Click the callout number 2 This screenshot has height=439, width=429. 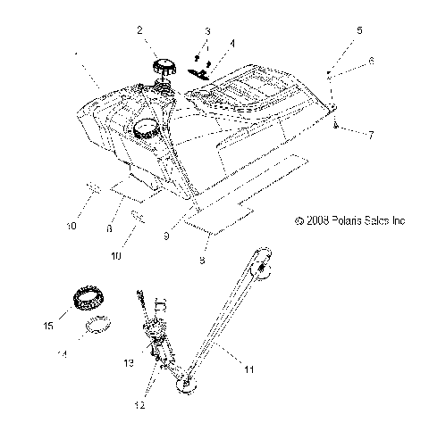click(x=140, y=30)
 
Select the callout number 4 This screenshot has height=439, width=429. click(x=232, y=42)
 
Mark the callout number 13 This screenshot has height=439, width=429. click(x=129, y=362)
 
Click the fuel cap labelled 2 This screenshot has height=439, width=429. click(x=165, y=66)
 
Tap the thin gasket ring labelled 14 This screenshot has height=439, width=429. click(x=98, y=325)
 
